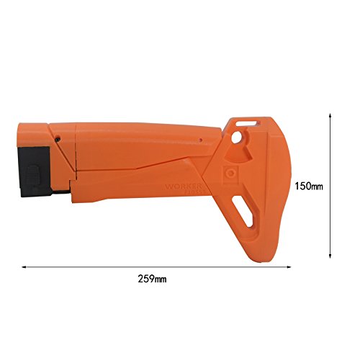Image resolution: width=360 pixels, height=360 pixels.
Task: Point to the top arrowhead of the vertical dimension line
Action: point(330,114)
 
